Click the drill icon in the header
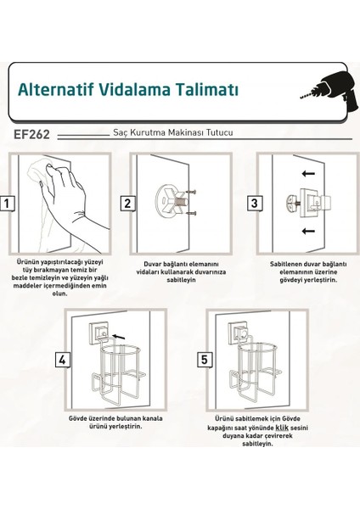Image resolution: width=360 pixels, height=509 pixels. [329, 88]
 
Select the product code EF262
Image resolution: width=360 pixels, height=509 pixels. [31, 134]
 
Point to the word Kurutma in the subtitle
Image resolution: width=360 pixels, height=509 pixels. [149, 132]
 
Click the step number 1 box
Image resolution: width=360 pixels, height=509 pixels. [7, 204]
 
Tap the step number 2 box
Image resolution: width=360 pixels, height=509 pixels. [127, 204]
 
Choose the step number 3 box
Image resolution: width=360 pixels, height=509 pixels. [255, 204]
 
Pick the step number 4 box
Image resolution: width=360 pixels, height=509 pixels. [62, 360]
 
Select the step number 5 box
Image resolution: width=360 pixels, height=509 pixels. [205, 360]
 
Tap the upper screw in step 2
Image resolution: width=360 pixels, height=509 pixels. [192, 192]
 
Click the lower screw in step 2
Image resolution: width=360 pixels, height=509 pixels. [192, 214]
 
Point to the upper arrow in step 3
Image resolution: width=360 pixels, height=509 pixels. [308, 174]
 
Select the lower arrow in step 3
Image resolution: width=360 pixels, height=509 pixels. [308, 231]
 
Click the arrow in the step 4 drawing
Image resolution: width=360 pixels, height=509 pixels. [118, 337]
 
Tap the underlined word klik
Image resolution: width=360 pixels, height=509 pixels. [282, 428]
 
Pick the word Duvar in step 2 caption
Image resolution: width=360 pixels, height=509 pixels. [152, 264]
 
